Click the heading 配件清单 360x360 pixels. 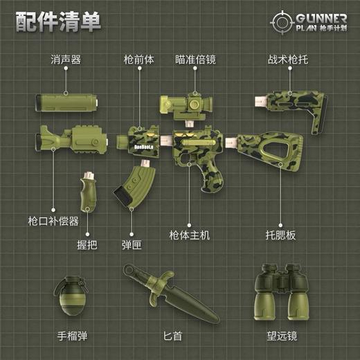58,20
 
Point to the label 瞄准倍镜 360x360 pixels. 195,61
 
